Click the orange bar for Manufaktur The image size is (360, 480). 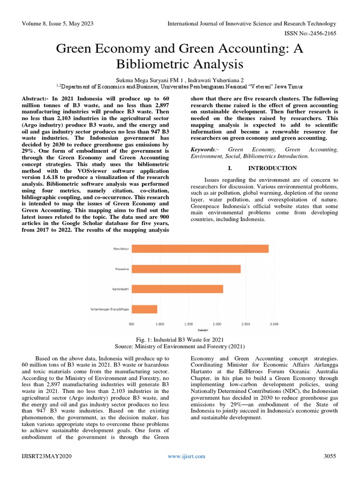click(200, 248)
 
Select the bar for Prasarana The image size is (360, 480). click(186, 269)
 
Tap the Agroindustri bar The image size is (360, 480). click(177, 289)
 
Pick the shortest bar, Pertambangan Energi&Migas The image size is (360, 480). click(144, 309)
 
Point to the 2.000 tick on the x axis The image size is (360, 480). click(217, 324)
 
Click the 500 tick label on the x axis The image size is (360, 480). click(131, 324)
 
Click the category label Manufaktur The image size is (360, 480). click(121, 248)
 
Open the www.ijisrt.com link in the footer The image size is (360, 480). click(187, 456)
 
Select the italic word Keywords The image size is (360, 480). click(203, 149)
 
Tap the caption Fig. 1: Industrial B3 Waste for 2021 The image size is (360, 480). click(180, 339)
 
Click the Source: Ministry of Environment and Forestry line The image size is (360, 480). click(180, 346)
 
